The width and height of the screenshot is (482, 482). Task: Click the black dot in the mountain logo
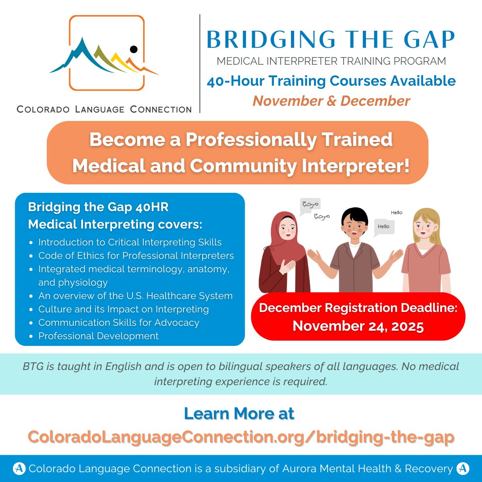click(133, 50)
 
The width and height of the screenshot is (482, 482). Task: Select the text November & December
click(331, 101)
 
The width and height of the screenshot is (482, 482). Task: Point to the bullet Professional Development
click(98, 336)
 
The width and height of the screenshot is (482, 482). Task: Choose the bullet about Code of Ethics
click(136, 256)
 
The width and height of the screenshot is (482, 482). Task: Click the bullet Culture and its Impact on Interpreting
click(123, 309)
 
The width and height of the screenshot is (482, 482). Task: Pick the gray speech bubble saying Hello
click(383, 227)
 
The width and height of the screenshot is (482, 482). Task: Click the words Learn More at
click(239, 414)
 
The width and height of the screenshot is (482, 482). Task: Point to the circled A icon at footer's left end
click(19, 468)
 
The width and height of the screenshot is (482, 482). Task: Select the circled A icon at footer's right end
click(463, 468)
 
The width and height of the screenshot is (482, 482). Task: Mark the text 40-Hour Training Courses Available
click(331, 81)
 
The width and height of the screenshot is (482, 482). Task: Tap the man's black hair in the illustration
click(354, 215)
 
